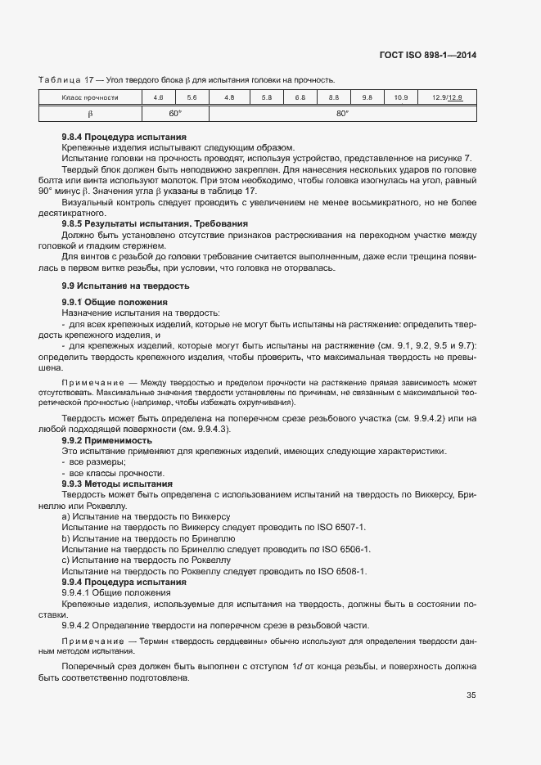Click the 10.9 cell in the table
400,97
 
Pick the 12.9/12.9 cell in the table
447,97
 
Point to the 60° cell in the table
175,113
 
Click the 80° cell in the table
342,113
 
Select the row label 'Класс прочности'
90,97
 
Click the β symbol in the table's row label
90,113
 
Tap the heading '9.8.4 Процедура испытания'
124,137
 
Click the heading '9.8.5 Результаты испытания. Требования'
155,223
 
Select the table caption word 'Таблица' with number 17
62,79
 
